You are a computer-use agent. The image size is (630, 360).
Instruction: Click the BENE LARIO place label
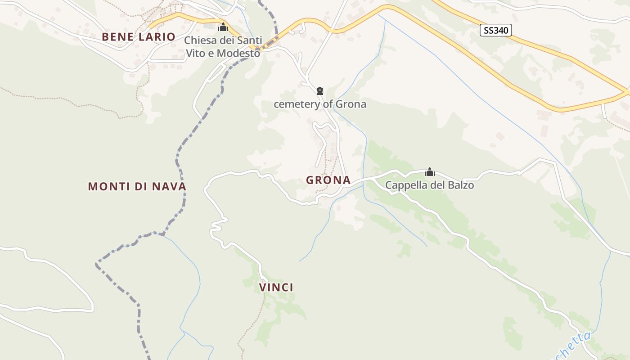pos(139,37)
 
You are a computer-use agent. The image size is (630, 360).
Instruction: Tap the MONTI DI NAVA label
pos(137,186)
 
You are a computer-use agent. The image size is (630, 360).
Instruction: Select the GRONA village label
pos(328,180)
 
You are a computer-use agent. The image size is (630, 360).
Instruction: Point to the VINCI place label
pos(276,287)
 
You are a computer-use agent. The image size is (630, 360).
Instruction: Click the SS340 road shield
pos(496,31)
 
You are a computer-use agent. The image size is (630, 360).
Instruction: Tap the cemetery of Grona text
pos(320,104)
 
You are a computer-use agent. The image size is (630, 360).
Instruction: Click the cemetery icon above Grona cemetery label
pos(320,91)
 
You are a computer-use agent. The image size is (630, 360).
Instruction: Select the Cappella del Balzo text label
pos(429,185)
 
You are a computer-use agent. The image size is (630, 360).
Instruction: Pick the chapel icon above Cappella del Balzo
pos(430,172)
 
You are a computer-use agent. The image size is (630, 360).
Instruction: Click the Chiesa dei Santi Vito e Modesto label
pos(223,47)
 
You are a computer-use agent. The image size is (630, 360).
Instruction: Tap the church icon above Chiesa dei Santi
pos(223,27)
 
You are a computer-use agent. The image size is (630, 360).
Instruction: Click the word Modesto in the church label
pos(238,53)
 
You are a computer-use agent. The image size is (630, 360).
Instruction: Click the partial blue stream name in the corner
pos(574,345)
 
